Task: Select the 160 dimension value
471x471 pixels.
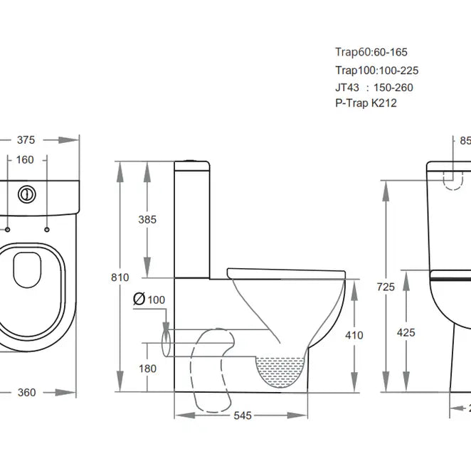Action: pos(25,159)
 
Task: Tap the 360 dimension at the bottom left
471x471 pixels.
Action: pos(27,392)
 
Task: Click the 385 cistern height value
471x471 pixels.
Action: pos(147,220)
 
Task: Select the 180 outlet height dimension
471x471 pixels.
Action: pos(148,368)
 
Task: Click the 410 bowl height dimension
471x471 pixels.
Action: pos(354,315)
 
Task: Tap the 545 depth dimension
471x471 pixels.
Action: pos(243,416)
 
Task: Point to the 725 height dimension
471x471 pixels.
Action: pos(385,287)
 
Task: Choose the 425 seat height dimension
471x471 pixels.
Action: pos(406,312)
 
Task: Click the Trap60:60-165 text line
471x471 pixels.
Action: pos(371,52)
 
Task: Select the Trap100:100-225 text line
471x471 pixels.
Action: pos(376,70)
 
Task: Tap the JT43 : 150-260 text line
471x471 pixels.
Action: pos(374,87)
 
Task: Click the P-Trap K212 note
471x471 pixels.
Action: pos(366,103)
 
